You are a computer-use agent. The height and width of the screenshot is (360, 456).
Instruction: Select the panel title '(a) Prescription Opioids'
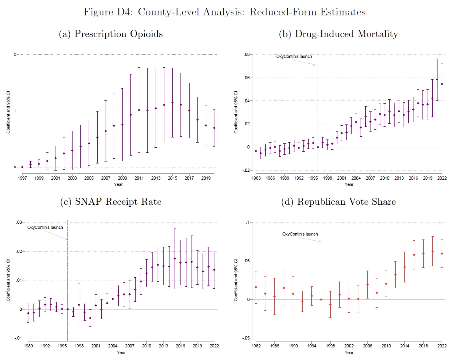coord(111,34)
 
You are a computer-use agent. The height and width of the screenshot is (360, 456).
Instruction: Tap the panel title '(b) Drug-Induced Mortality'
coord(338,34)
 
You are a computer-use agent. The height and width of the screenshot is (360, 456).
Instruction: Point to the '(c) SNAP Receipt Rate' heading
coord(111,202)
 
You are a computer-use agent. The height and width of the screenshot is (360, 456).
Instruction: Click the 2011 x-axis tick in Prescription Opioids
coord(139,178)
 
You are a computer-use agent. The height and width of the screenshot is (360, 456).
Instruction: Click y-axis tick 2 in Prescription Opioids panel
coord(15,54)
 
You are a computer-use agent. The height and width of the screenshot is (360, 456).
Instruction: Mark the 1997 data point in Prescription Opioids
coord(22,167)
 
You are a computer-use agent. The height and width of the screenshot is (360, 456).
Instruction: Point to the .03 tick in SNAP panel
coord(18,223)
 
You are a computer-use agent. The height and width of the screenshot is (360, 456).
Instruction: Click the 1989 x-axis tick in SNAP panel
coord(28,346)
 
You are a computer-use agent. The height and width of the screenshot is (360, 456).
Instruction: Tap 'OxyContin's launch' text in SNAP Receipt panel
coord(45,227)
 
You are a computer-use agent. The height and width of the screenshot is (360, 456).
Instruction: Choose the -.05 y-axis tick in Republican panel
coord(246,338)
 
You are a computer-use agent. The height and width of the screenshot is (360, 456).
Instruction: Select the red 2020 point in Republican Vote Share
coord(433,251)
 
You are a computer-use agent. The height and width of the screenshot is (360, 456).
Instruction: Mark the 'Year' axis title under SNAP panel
coord(121,352)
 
